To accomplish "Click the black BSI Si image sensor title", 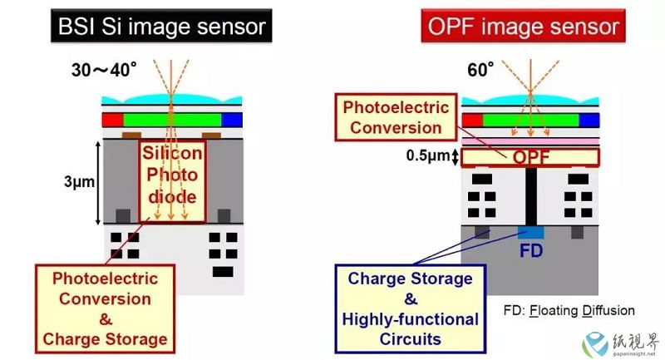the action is coord(161,26).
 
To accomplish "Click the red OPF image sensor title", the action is coord(524,26).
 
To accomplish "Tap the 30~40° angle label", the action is coord(104,70).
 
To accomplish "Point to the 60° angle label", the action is coord(480,70).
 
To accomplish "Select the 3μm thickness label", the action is coord(79,182).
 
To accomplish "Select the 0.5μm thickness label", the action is coord(427,155).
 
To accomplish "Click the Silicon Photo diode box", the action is coord(172,181).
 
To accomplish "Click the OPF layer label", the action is coord(531,157).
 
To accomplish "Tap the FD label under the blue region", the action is coord(531,250).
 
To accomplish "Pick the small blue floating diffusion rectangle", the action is coord(530,232).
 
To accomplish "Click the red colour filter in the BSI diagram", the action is coord(113,120).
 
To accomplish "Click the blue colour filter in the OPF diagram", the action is coord(589,120).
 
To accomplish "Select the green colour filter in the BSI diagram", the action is coord(172,120).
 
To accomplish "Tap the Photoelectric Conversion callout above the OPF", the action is coord(396,117).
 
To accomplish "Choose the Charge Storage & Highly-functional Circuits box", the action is coord(410,308).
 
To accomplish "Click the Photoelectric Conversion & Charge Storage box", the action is coord(106,308).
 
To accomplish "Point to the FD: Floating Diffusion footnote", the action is coord(569,310).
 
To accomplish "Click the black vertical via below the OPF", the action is coord(530,196).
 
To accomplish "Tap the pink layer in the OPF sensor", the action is coord(530,141).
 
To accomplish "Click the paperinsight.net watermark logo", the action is coord(595,344).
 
